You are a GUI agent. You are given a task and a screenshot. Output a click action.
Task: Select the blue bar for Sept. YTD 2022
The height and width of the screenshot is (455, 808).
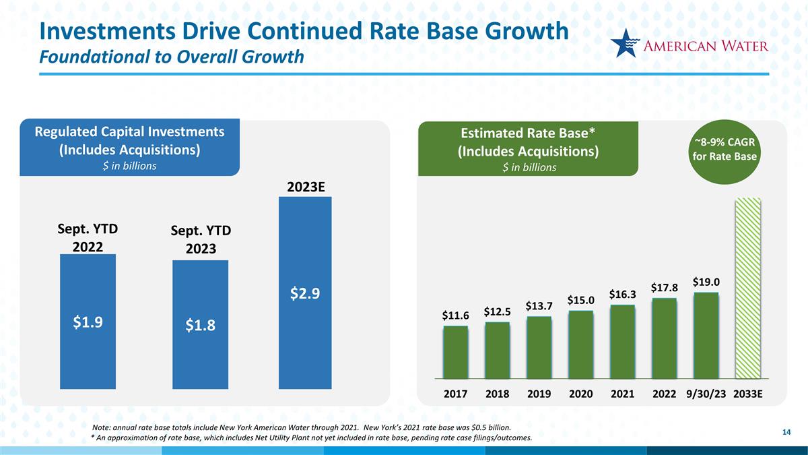tap(88, 322)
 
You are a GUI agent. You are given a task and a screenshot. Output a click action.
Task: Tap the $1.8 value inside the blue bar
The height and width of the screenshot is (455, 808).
tap(200, 326)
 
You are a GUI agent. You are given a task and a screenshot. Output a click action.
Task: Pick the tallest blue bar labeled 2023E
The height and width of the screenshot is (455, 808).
tap(305, 293)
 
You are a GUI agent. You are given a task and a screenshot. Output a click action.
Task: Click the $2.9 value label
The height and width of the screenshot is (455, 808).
tap(305, 294)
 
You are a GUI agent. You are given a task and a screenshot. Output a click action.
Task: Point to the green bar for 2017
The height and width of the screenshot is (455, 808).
tap(456, 352)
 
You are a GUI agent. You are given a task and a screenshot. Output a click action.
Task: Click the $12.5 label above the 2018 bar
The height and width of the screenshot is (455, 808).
tap(498, 311)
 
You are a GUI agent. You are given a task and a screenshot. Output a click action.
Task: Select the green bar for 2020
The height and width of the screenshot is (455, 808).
tap(580, 344)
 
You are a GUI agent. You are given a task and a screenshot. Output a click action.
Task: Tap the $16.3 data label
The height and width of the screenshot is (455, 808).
tap(623, 295)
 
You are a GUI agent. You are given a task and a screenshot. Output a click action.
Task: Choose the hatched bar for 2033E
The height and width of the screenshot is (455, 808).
tap(748, 289)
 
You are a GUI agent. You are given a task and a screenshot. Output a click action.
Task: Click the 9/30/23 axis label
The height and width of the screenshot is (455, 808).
tap(706, 394)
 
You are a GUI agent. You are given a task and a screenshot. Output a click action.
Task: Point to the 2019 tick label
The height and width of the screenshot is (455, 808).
tap(539, 394)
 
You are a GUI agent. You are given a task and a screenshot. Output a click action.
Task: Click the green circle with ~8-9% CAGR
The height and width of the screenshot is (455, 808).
tap(725, 152)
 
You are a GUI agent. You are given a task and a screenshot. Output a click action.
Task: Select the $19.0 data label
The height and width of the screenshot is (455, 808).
tap(706, 282)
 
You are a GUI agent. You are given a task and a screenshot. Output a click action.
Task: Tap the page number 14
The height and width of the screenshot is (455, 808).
tap(786, 432)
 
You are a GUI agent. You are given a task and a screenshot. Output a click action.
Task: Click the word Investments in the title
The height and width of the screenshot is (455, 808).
tap(108, 31)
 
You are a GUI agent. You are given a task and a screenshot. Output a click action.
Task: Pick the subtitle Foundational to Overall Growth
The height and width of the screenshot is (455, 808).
tap(171, 57)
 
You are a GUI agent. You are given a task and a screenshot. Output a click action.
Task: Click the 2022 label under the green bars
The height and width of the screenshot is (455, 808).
tap(664, 394)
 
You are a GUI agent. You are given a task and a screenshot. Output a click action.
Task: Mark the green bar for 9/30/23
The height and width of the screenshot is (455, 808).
tap(706, 336)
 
